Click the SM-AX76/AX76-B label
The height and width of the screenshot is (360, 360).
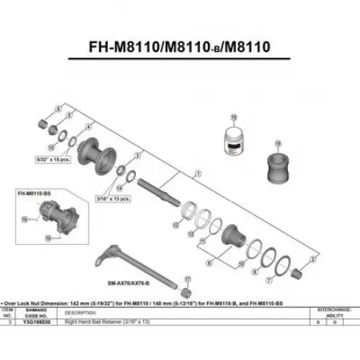(130, 282)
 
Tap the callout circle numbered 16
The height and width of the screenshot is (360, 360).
(234, 118)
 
